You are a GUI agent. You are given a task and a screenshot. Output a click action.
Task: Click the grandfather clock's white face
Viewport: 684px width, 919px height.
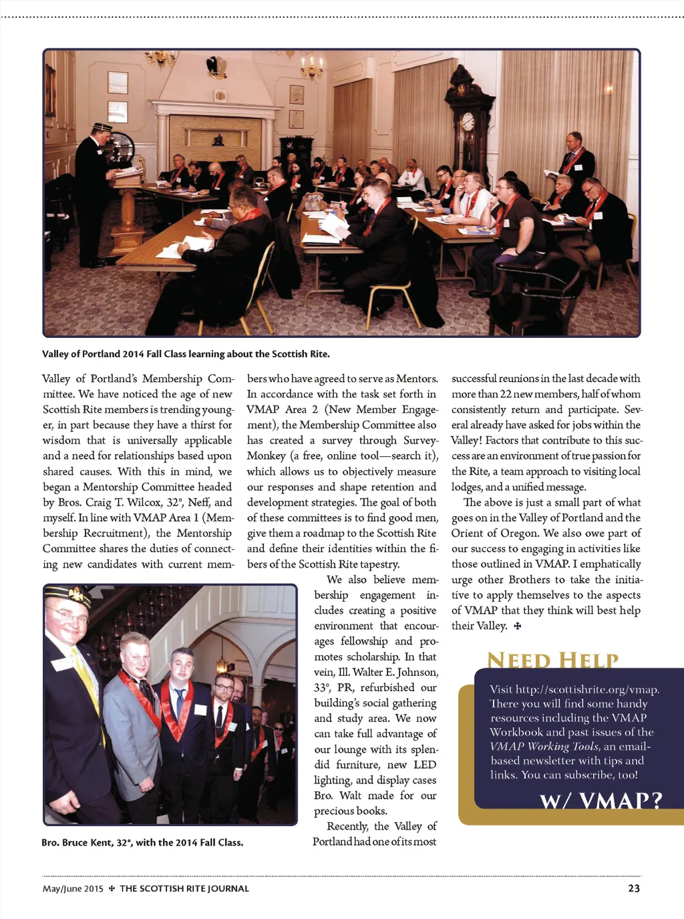click(468, 122)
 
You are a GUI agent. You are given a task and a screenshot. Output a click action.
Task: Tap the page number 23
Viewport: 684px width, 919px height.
click(634, 888)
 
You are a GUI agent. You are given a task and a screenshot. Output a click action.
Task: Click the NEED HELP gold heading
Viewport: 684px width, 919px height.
click(552, 660)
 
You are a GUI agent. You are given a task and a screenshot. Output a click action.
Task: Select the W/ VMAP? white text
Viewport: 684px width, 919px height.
click(601, 800)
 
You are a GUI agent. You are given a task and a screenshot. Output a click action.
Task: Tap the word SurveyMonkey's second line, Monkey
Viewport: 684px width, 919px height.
click(266, 455)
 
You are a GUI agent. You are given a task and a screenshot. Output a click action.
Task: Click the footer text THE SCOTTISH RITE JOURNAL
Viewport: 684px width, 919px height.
click(184, 888)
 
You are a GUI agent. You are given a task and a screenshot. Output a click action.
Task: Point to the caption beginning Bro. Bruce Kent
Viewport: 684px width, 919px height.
click(142, 842)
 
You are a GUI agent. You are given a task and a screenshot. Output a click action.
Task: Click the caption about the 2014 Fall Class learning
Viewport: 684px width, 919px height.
click(186, 354)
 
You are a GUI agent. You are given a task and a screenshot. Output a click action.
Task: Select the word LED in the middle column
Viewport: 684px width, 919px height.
click(425, 765)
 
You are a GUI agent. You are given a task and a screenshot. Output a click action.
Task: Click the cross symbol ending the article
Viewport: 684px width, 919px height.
click(517, 626)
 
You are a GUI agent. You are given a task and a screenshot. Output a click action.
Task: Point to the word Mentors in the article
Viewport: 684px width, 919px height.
click(416, 379)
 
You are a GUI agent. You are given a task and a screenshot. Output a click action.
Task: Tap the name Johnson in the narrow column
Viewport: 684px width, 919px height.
click(417, 672)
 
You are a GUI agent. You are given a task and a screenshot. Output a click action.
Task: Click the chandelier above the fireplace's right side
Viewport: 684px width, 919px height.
click(311, 67)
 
